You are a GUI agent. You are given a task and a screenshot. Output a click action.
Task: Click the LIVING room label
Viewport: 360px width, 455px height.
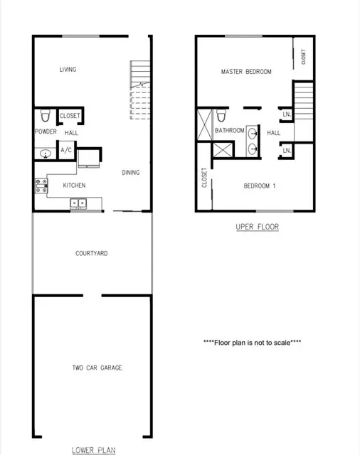[68, 70]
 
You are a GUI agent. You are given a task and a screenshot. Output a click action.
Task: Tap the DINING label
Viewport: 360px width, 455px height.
[130, 172]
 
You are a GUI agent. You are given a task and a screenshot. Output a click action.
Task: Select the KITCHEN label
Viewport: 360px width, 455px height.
[74, 186]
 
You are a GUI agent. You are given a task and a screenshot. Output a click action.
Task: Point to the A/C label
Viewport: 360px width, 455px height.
[65, 150]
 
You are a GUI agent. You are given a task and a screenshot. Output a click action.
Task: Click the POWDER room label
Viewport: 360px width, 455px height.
[45, 132]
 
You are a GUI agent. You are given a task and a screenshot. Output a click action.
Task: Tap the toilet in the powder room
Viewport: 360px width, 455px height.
[46, 116]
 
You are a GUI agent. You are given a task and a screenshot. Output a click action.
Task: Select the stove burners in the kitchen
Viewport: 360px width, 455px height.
[41, 186]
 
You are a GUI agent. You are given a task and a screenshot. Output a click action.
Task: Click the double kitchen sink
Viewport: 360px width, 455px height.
[78, 204]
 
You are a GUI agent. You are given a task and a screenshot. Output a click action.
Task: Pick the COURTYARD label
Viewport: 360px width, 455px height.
[91, 254]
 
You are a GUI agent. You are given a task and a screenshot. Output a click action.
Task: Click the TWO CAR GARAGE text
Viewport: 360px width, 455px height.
[97, 368]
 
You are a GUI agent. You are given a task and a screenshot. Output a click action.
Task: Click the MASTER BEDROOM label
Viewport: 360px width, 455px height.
[246, 72]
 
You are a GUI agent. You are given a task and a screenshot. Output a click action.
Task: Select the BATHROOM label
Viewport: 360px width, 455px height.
[230, 131]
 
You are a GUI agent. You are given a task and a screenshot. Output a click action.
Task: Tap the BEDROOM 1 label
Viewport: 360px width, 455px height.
[259, 186]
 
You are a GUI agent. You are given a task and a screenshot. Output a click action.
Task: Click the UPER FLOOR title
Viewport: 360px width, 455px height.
[257, 227]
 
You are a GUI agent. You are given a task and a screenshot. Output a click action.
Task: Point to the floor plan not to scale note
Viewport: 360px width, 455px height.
[252, 343]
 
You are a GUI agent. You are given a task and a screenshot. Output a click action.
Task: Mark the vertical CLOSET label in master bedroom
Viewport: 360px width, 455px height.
[304, 56]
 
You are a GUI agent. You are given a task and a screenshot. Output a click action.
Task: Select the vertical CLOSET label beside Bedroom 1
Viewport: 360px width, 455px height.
[204, 178]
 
